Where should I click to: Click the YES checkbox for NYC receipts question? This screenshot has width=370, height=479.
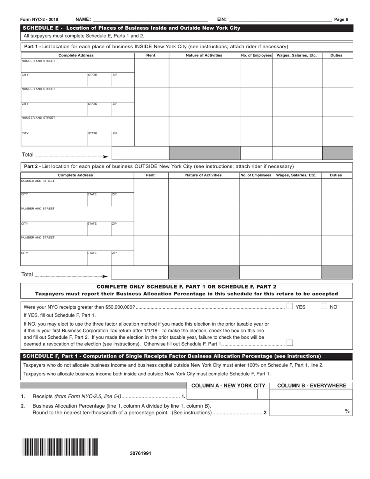290,306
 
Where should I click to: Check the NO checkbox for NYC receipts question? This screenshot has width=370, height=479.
324,306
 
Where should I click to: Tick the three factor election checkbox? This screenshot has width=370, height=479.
290,343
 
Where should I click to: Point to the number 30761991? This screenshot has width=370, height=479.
141,453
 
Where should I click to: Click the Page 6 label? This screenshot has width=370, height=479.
341,19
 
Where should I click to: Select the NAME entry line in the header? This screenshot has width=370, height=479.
150,19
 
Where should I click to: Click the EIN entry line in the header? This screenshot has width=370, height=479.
280,19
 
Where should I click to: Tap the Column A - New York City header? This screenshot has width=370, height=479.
228,386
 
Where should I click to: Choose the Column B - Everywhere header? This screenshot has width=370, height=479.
312,386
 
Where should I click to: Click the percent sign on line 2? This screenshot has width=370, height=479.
347,411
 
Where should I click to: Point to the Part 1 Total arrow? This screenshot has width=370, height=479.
105,157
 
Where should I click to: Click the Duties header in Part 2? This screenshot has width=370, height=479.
336,175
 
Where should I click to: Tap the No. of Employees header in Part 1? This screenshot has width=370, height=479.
256,55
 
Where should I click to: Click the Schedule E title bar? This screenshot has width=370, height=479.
187,28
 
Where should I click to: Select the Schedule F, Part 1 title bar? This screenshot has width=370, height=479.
187,356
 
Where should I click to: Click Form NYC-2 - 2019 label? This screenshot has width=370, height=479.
40,19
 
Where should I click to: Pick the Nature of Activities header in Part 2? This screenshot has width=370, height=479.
203,175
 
